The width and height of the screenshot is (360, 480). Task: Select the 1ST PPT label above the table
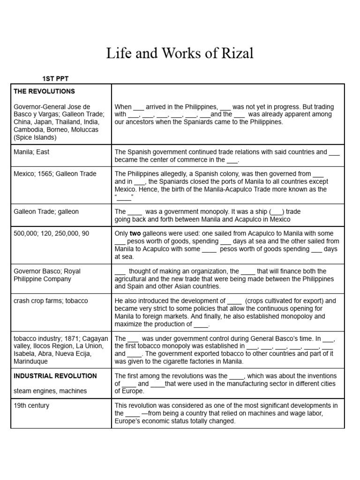click(x=56, y=78)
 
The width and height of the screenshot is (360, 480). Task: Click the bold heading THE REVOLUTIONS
click(x=44, y=91)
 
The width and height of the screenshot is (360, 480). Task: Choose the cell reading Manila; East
click(x=31, y=152)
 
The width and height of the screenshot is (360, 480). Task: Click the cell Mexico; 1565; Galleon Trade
click(x=55, y=174)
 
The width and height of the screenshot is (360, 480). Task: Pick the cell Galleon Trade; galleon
click(x=46, y=212)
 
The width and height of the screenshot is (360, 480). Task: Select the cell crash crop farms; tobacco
click(x=51, y=301)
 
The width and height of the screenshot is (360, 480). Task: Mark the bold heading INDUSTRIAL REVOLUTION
click(x=55, y=376)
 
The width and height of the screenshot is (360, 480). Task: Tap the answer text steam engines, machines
click(x=50, y=391)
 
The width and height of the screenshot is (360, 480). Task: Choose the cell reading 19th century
click(x=31, y=405)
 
